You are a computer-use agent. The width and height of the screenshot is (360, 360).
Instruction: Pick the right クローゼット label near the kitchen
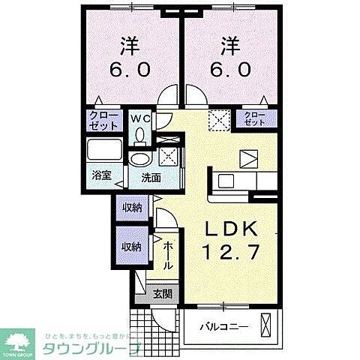pyautogui.click(x=256, y=118)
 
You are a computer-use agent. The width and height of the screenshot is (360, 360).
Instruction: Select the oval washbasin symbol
pyautogui.click(x=139, y=160)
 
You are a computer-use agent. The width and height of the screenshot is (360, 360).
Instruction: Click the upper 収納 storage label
pyautogui.click(x=133, y=208)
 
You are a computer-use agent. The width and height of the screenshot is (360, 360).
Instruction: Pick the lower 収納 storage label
pyautogui.click(x=133, y=245)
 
